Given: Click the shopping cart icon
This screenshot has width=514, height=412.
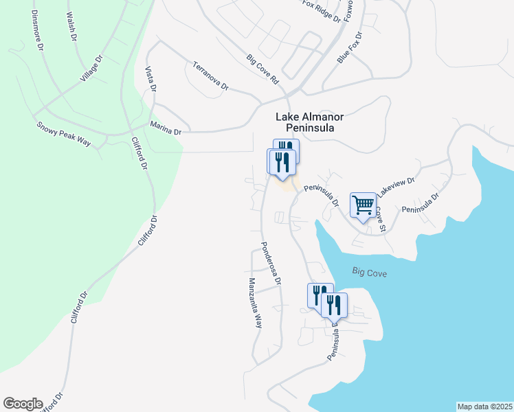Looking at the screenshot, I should point(363,205).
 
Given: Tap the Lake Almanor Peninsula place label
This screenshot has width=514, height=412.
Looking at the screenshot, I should point(309,123).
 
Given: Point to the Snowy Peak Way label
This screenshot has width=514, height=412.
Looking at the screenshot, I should point(64,133).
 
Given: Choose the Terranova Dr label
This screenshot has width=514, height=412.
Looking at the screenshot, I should point(210,77).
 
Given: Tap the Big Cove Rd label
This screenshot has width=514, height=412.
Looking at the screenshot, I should point(263,70).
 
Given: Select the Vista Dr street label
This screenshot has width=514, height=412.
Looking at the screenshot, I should point(150,80).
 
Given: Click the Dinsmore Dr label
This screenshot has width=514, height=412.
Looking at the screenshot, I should point(33,32).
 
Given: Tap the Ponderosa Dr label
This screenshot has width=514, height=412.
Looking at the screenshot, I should point(270,262).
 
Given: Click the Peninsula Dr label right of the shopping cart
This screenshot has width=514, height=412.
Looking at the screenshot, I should point(421,203).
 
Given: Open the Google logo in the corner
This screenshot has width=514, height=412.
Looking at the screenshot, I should point(23,404).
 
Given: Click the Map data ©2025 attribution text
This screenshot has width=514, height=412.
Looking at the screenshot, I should point(484,406).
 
